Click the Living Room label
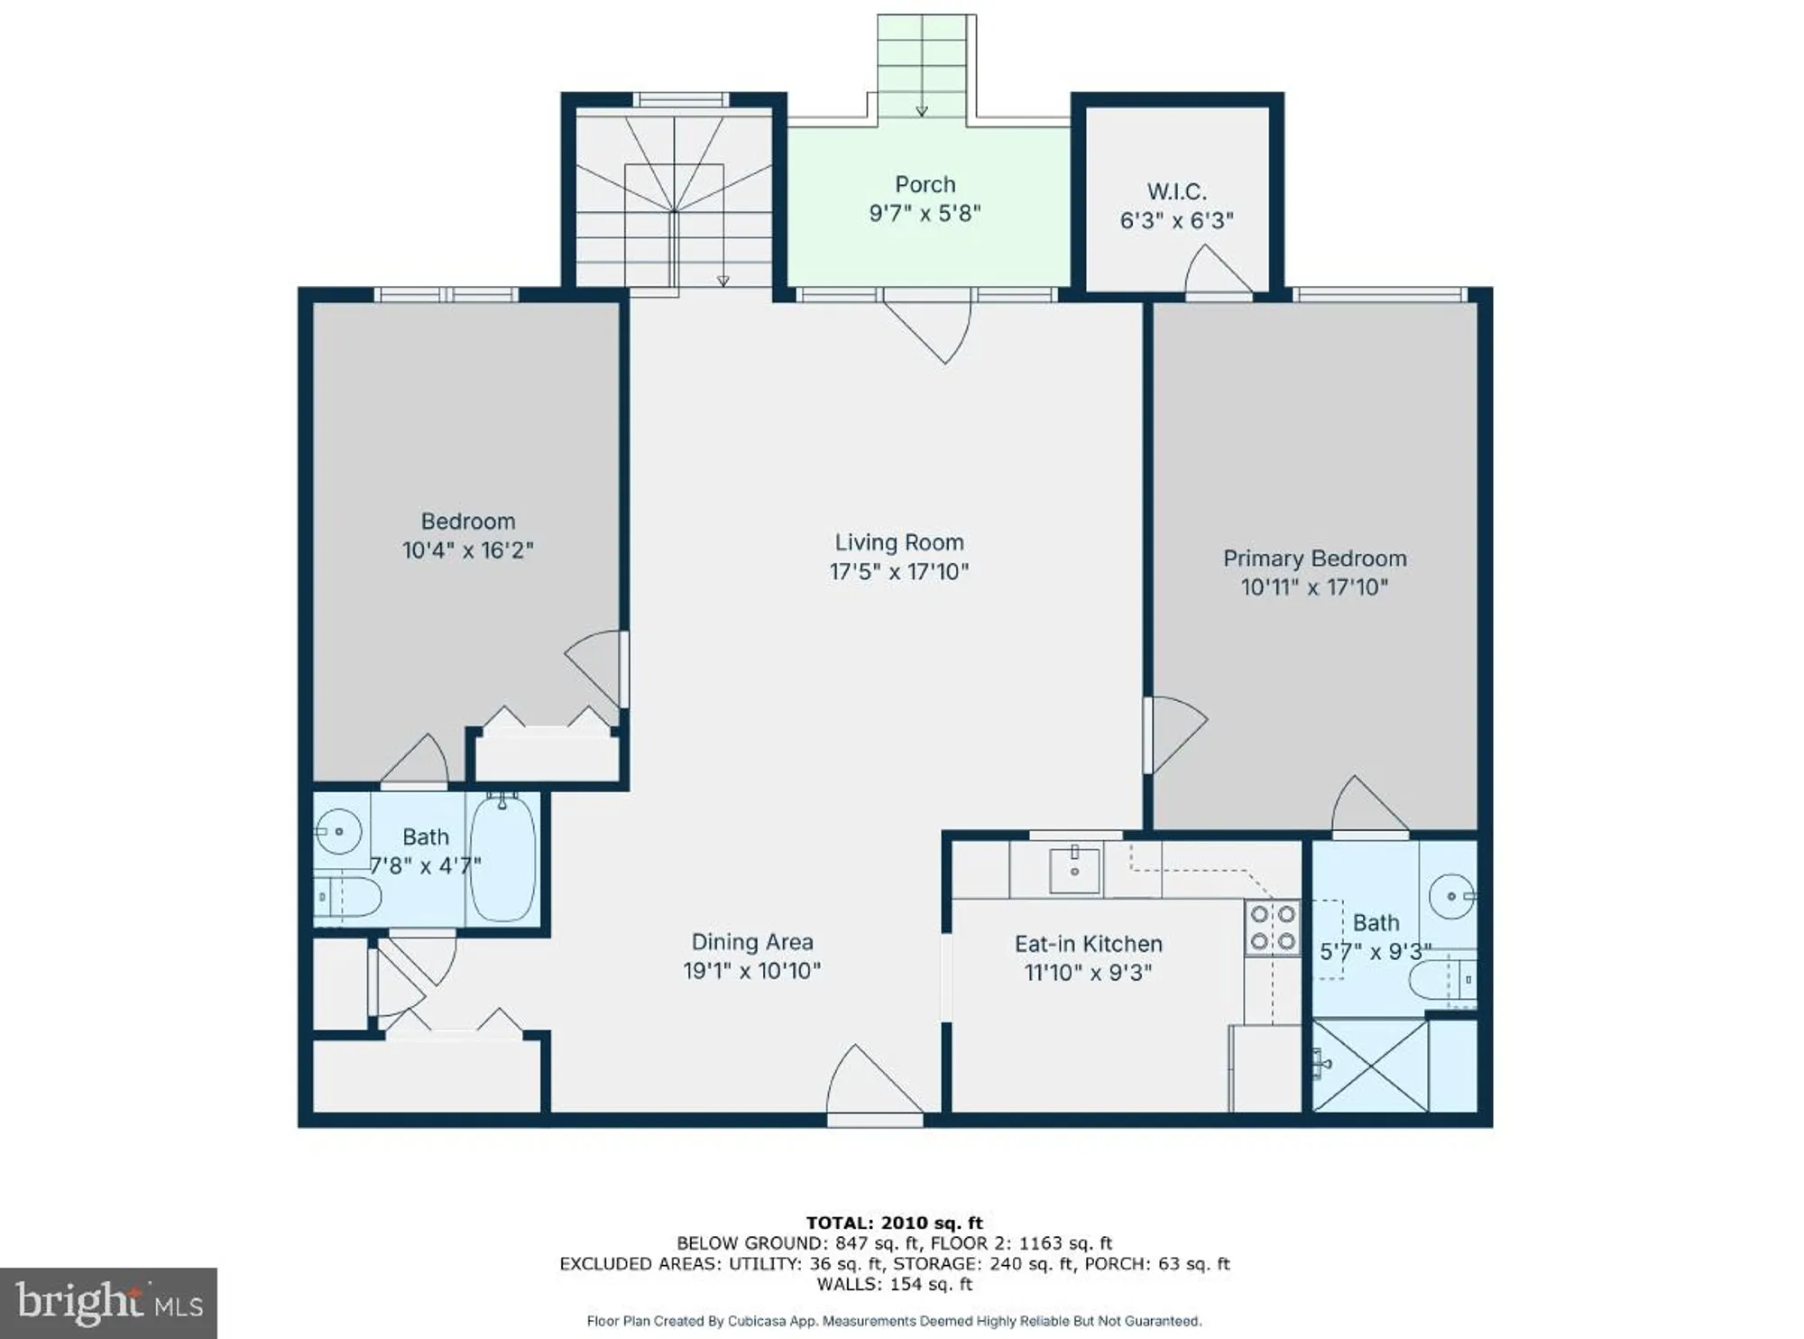click(x=898, y=542)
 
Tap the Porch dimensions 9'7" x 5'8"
click(x=925, y=214)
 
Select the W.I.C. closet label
click(x=1176, y=191)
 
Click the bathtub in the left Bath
click(x=502, y=858)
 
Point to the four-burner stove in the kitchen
click(x=1273, y=928)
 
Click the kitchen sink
click(x=1075, y=869)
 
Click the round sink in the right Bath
click(x=1452, y=897)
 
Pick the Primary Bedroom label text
click(x=1314, y=559)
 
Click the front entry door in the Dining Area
click(x=870, y=1083)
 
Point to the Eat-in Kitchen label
click(x=1088, y=944)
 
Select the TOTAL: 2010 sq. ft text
click(x=894, y=1223)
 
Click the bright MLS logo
click(x=108, y=1303)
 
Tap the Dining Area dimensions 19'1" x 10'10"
click(x=751, y=971)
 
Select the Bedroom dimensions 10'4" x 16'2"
click(x=467, y=550)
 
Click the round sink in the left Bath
click(x=339, y=831)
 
